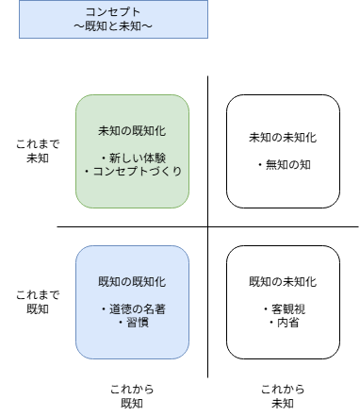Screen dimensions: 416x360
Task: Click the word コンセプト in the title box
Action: coord(113,10)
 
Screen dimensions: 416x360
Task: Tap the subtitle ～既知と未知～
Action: coord(113,25)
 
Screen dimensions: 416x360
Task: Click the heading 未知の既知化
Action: coord(132,130)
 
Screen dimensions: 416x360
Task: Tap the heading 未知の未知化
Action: coord(283,138)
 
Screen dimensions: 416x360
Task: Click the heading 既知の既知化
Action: coord(132,281)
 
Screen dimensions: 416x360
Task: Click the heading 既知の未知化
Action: coord(283,281)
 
